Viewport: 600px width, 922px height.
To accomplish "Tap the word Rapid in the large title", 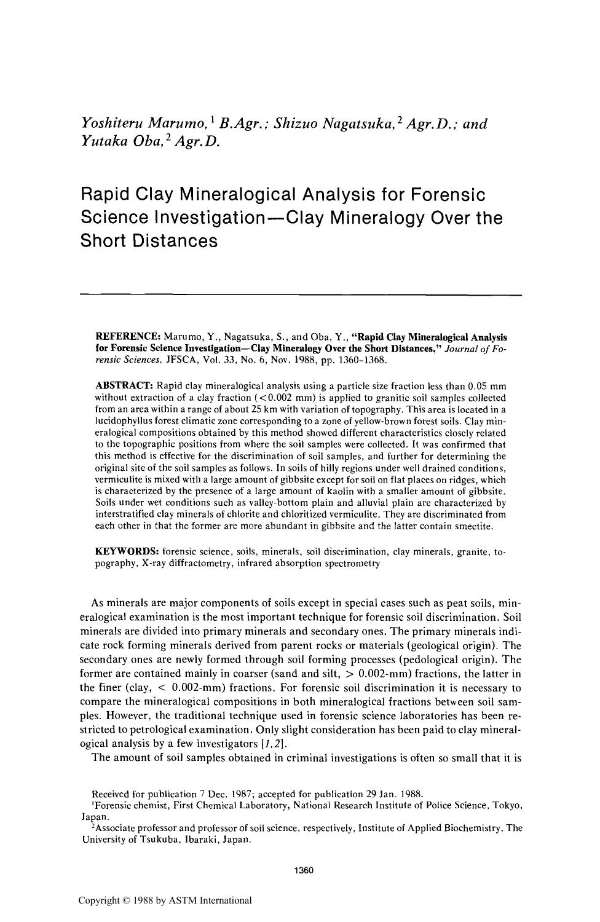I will [105, 195].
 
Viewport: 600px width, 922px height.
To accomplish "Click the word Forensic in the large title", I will [447, 195].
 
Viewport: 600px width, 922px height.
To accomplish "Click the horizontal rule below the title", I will [301, 296].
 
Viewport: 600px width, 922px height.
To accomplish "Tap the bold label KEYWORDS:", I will [127, 552].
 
